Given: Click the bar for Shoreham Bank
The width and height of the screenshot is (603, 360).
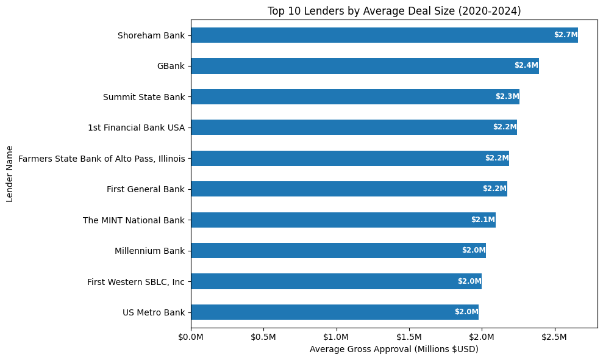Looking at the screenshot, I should (384, 35).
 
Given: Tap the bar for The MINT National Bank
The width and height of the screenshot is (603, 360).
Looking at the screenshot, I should (343, 220).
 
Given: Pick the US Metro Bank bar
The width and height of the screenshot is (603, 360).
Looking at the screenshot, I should (334, 312).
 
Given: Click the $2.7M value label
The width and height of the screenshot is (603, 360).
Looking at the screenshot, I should (565, 35).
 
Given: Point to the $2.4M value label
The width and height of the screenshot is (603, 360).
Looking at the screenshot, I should (526, 66).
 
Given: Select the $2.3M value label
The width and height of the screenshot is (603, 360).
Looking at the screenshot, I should (507, 96).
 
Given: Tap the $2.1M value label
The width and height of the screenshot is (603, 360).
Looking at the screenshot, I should (483, 220).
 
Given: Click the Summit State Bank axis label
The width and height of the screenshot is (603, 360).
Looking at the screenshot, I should (144, 96).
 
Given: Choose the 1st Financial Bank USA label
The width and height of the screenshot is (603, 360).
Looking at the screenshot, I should (136, 128).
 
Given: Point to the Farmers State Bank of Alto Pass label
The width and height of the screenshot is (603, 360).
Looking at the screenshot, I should (102, 158).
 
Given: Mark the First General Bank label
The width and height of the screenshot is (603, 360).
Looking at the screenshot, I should (146, 189).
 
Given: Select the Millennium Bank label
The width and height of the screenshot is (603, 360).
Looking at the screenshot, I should (149, 250).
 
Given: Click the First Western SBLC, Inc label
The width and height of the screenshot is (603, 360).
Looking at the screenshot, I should (136, 281).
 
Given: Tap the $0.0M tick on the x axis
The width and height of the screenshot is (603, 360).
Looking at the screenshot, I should (191, 337).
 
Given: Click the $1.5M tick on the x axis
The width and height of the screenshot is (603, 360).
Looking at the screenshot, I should (409, 337).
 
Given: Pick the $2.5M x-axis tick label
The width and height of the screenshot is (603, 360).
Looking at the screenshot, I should (554, 337).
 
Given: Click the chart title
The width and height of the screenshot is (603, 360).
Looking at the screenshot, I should (394, 10).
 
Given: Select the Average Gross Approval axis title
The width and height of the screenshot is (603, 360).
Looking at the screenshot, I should (394, 350).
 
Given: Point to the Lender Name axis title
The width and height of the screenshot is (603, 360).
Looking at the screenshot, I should (10, 173).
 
